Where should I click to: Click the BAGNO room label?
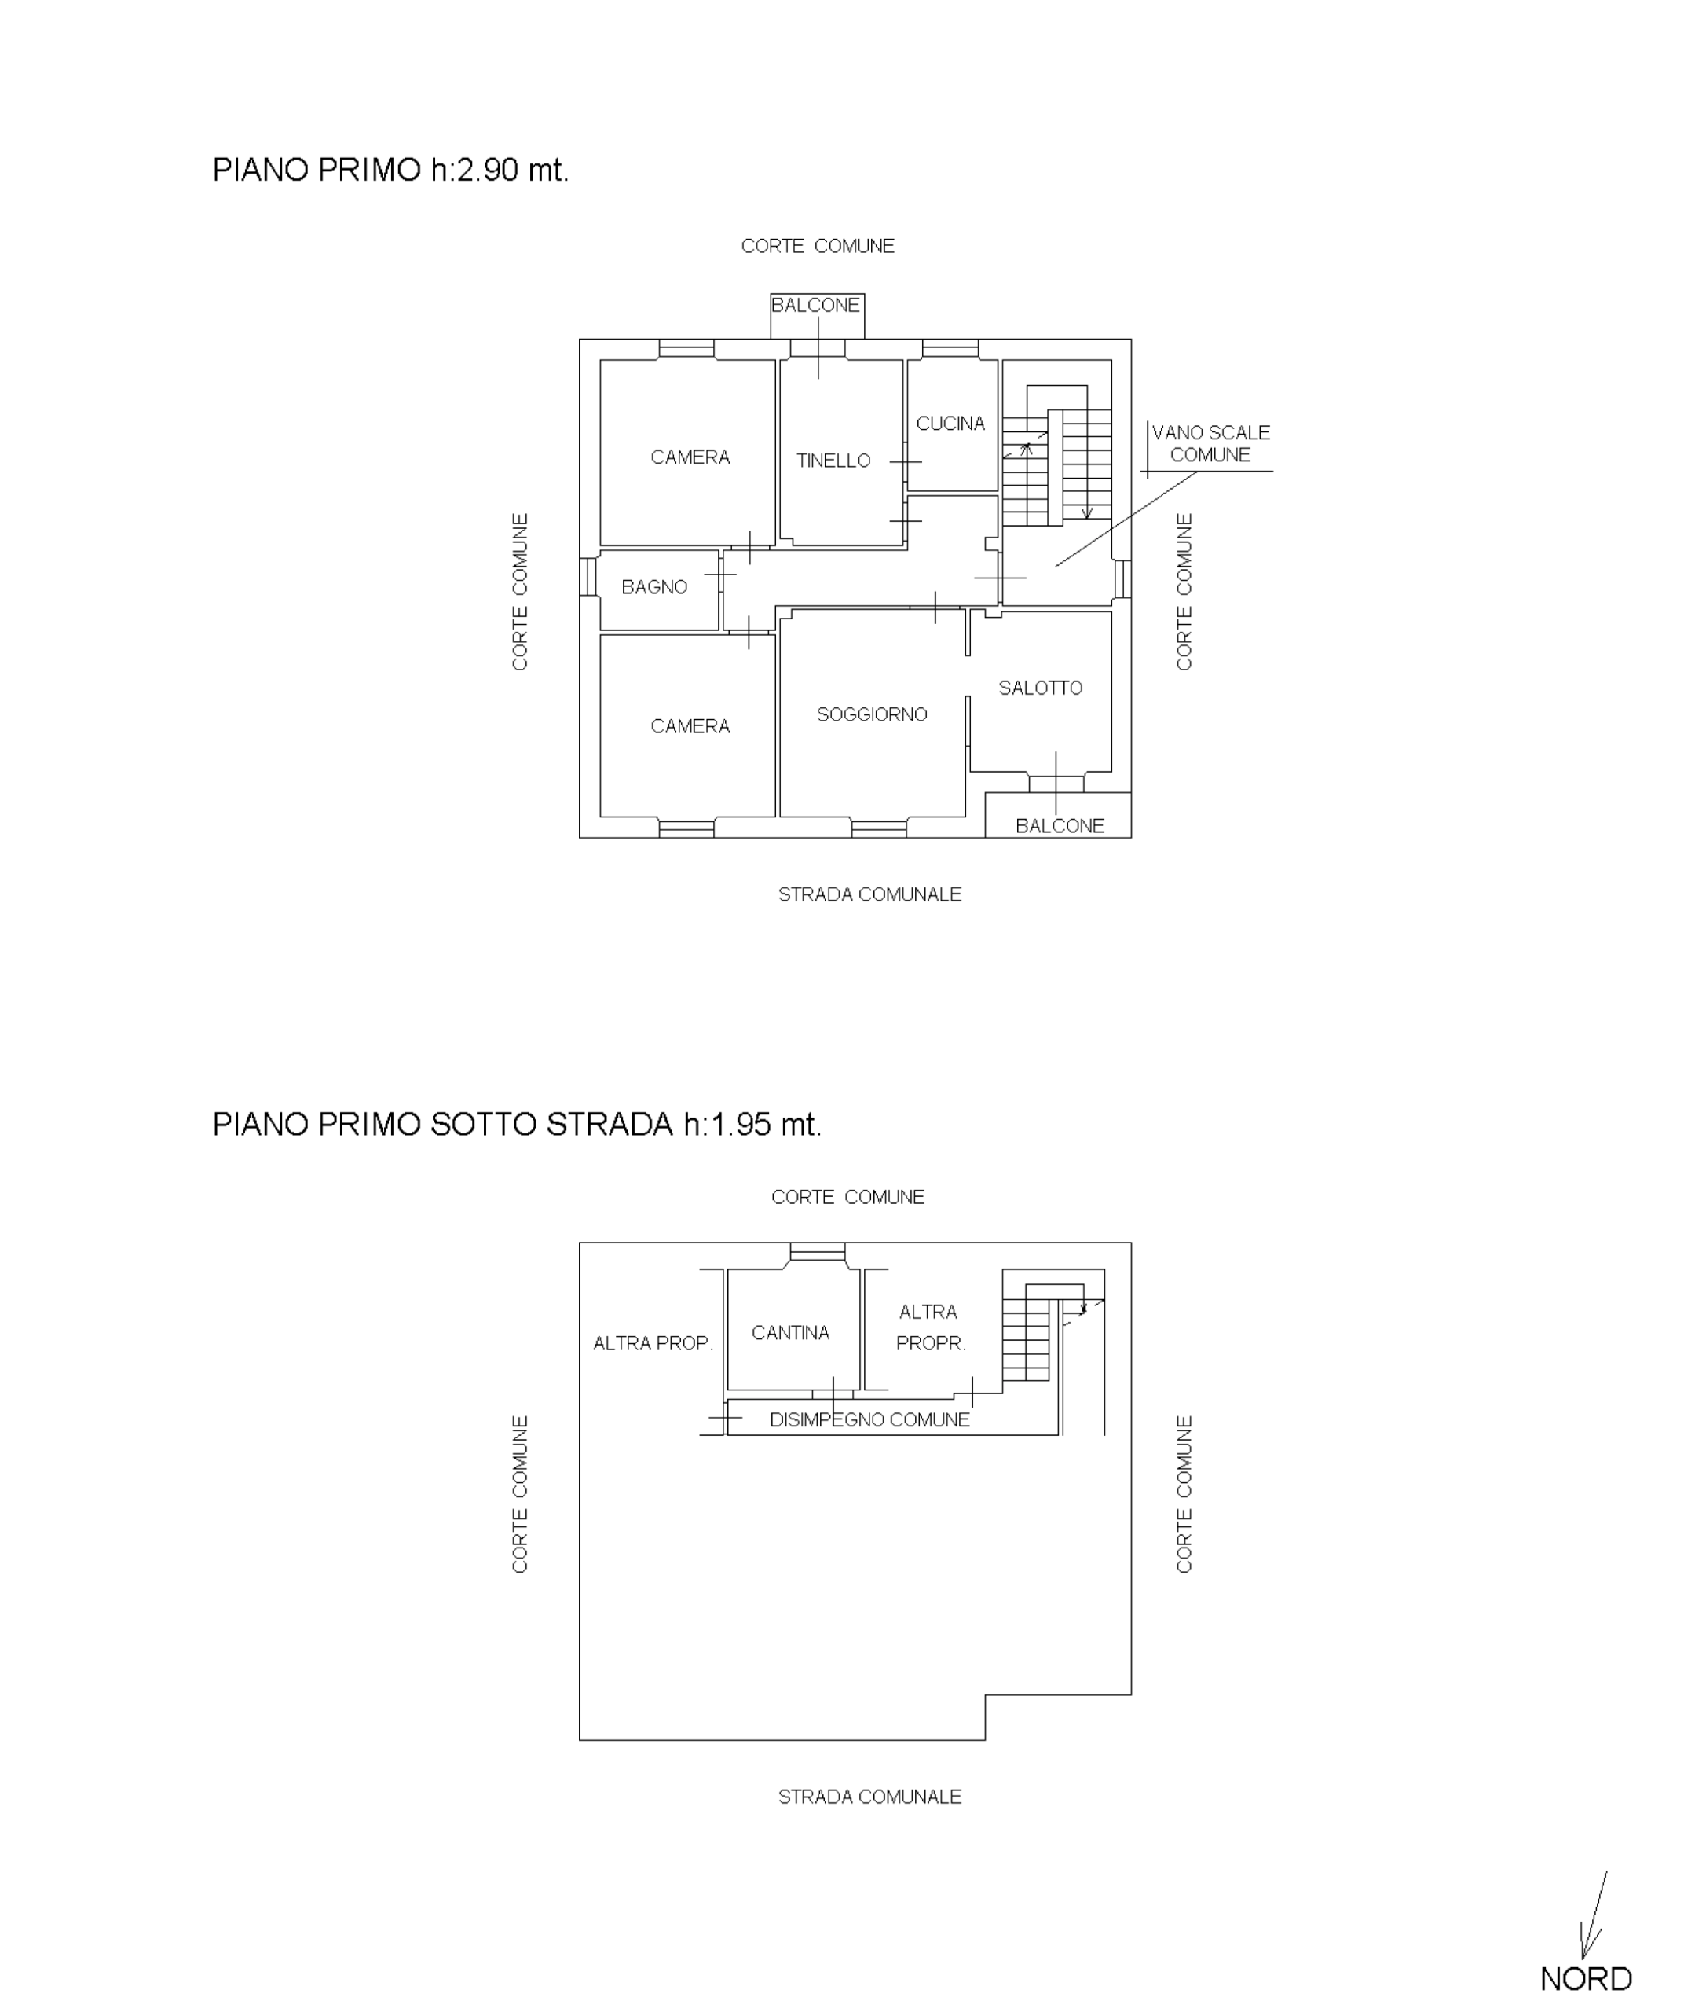click(x=654, y=587)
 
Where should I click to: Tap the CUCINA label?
click(x=950, y=424)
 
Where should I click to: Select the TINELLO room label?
click(x=833, y=461)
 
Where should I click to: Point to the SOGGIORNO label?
click(x=872, y=715)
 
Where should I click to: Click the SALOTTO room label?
click(x=1041, y=688)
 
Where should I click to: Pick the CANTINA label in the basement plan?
click(x=790, y=1333)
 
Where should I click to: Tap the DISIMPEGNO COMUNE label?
click(x=869, y=1420)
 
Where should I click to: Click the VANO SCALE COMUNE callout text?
click(x=1210, y=444)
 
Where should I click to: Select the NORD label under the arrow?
click(x=1586, y=1979)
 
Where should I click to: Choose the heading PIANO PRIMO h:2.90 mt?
click(x=390, y=170)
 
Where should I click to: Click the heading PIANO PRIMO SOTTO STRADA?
click(x=442, y=1125)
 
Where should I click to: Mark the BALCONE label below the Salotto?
click(x=1060, y=827)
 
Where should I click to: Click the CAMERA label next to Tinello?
click(x=690, y=457)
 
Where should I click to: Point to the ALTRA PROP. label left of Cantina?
click(x=653, y=1344)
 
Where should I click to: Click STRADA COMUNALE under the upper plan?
click(x=869, y=895)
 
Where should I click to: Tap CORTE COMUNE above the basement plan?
click(x=847, y=1198)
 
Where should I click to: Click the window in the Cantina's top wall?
click(x=818, y=1253)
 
